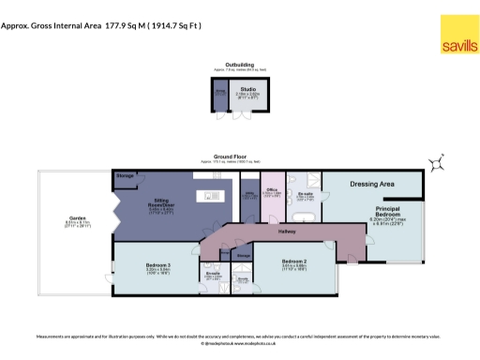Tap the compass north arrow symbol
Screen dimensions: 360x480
(x=436, y=165)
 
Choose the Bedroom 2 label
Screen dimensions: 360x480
(x=294, y=262)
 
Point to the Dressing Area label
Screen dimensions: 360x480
(x=370, y=185)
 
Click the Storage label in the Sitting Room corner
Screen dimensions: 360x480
(x=126, y=176)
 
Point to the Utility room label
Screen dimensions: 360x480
(x=249, y=197)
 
